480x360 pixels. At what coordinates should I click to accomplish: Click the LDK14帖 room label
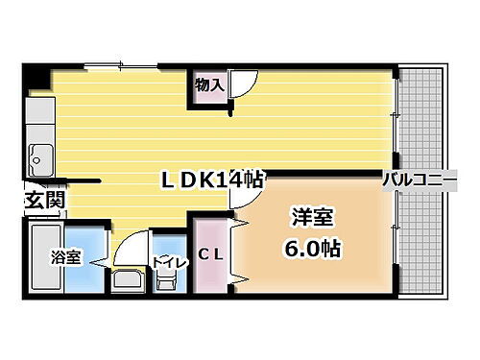[213, 180]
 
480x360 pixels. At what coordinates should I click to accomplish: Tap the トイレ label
[168, 260]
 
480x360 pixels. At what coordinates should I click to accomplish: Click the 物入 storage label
[209, 85]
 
